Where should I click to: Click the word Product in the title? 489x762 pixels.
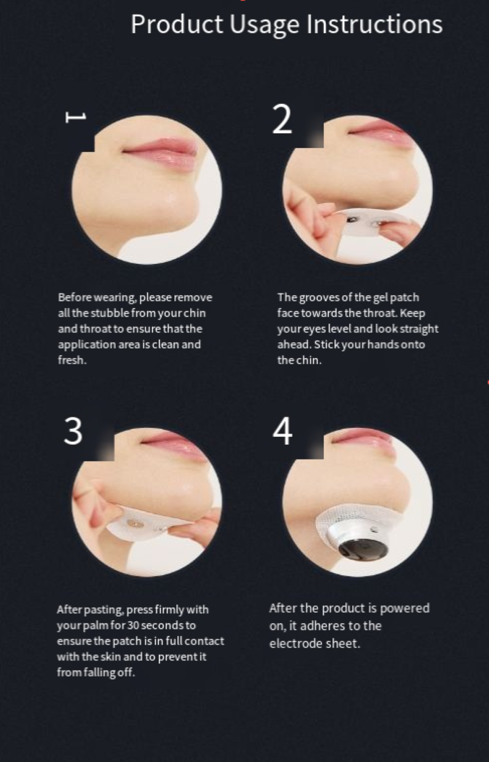pos(177,24)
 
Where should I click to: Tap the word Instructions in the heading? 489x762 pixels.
pos(374,24)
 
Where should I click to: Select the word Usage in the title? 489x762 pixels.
pos(265,26)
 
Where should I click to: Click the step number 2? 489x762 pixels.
pos(282,119)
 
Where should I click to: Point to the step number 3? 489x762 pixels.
pos(73,431)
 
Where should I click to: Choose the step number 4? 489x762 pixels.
pos(282,431)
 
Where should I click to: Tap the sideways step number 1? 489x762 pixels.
pos(76,117)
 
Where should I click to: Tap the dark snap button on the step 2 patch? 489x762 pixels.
pos(350,220)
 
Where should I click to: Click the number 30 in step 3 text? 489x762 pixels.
pos(133,625)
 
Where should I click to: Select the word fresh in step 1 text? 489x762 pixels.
pos(72,360)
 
